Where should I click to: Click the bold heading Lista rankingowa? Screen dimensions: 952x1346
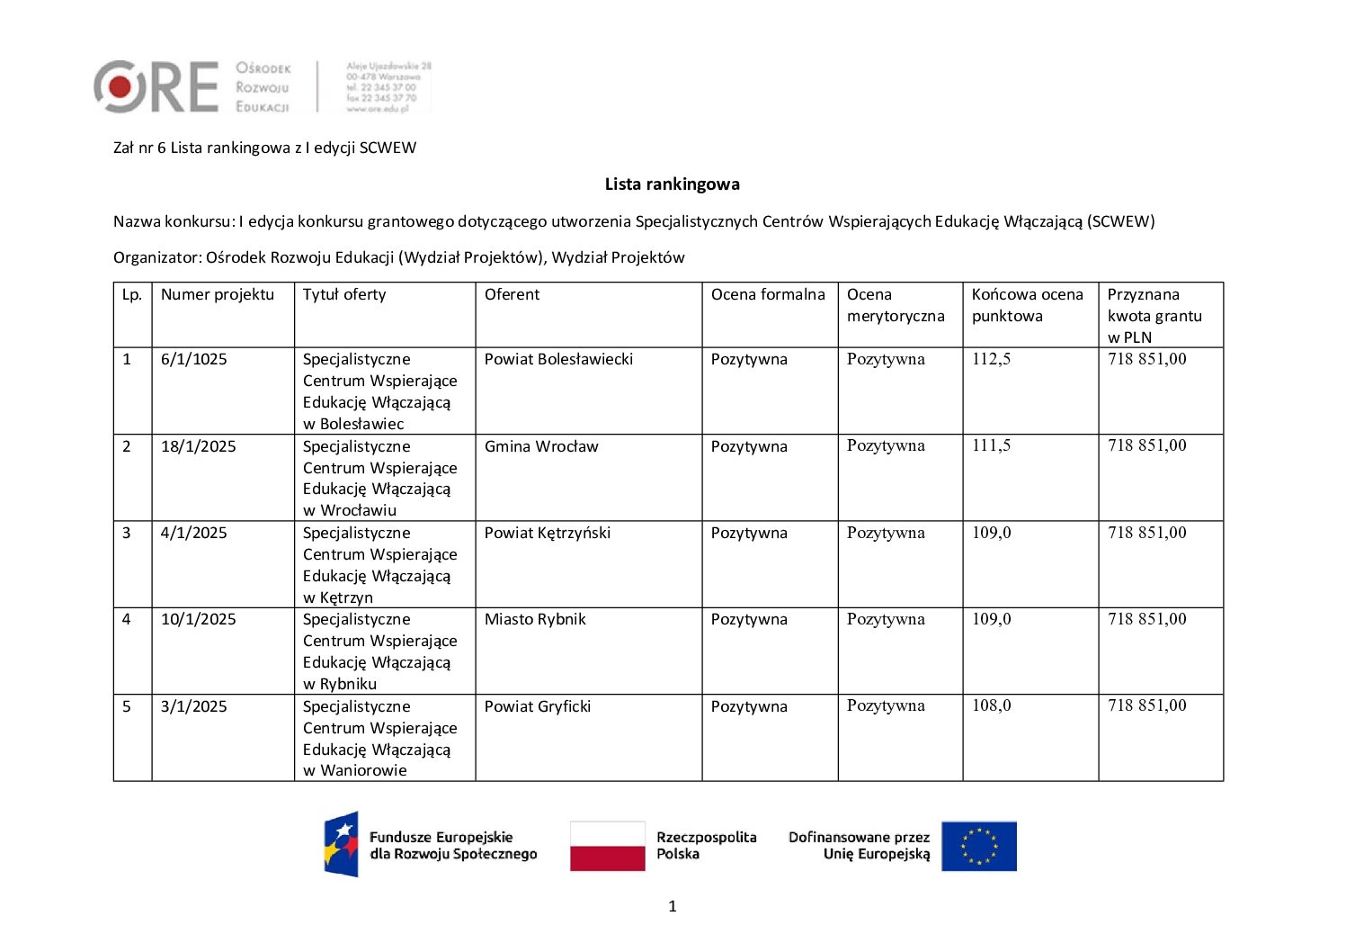point(672,184)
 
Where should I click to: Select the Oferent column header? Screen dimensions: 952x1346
point(512,295)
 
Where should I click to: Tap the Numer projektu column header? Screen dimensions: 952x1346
point(217,295)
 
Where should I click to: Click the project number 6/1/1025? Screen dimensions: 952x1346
point(193,360)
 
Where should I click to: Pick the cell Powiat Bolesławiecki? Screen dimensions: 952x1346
point(558,360)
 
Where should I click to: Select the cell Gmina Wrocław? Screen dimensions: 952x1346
point(540,446)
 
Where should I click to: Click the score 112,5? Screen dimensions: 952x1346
point(991,360)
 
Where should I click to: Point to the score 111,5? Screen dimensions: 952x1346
point(991,446)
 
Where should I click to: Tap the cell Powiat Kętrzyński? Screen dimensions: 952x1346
point(547,533)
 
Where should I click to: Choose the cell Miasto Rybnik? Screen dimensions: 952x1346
point(535,619)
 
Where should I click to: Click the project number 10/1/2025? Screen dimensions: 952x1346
point(198,619)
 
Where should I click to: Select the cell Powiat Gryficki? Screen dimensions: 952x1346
point(537,706)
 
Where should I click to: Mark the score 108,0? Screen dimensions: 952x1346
point(991,706)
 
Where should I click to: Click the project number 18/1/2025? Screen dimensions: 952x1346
point(198,446)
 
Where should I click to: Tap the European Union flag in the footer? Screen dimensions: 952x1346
point(978,846)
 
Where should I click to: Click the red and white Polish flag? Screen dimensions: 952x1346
point(607,846)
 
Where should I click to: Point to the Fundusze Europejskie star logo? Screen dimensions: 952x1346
point(342,844)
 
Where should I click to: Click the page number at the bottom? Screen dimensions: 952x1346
point(673,906)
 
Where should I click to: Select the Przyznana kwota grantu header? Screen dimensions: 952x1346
point(1154,315)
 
